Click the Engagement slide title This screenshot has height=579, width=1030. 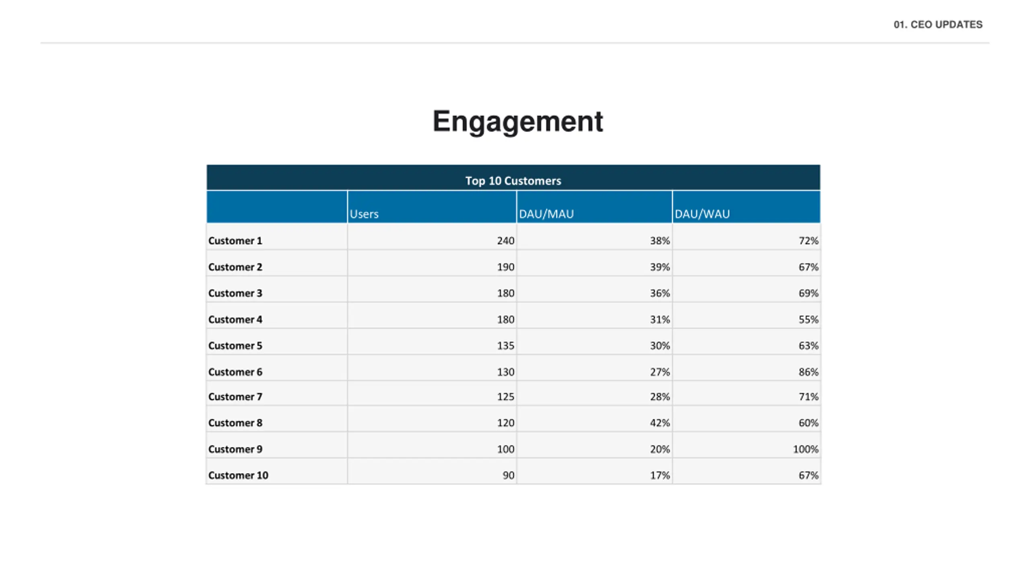coord(517,121)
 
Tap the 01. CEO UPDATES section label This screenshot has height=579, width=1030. coord(938,25)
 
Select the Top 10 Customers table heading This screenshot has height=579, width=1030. coord(513,181)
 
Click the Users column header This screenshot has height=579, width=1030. coord(364,214)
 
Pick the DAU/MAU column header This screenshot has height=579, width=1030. coord(546,214)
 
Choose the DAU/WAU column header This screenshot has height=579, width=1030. coord(702,214)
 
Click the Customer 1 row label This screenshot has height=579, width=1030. coord(235,241)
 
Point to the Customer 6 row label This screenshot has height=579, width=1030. coord(235,372)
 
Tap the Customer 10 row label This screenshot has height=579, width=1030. coord(238,475)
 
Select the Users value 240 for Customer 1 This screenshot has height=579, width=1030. coord(505,241)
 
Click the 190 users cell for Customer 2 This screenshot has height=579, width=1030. coord(505,267)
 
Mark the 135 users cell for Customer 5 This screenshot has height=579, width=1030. coord(505,346)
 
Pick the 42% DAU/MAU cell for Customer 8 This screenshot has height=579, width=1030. coord(660,423)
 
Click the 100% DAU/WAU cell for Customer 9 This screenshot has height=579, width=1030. coord(805,449)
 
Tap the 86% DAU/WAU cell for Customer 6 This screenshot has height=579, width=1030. coord(808,372)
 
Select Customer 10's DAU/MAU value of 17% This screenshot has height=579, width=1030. coord(660,475)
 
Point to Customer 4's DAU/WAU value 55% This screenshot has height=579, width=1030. coord(808,320)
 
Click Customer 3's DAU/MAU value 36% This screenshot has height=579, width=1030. coord(660,293)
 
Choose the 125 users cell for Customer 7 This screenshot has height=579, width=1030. coord(505,397)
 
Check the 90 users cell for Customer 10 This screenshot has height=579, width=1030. coord(508,475)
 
